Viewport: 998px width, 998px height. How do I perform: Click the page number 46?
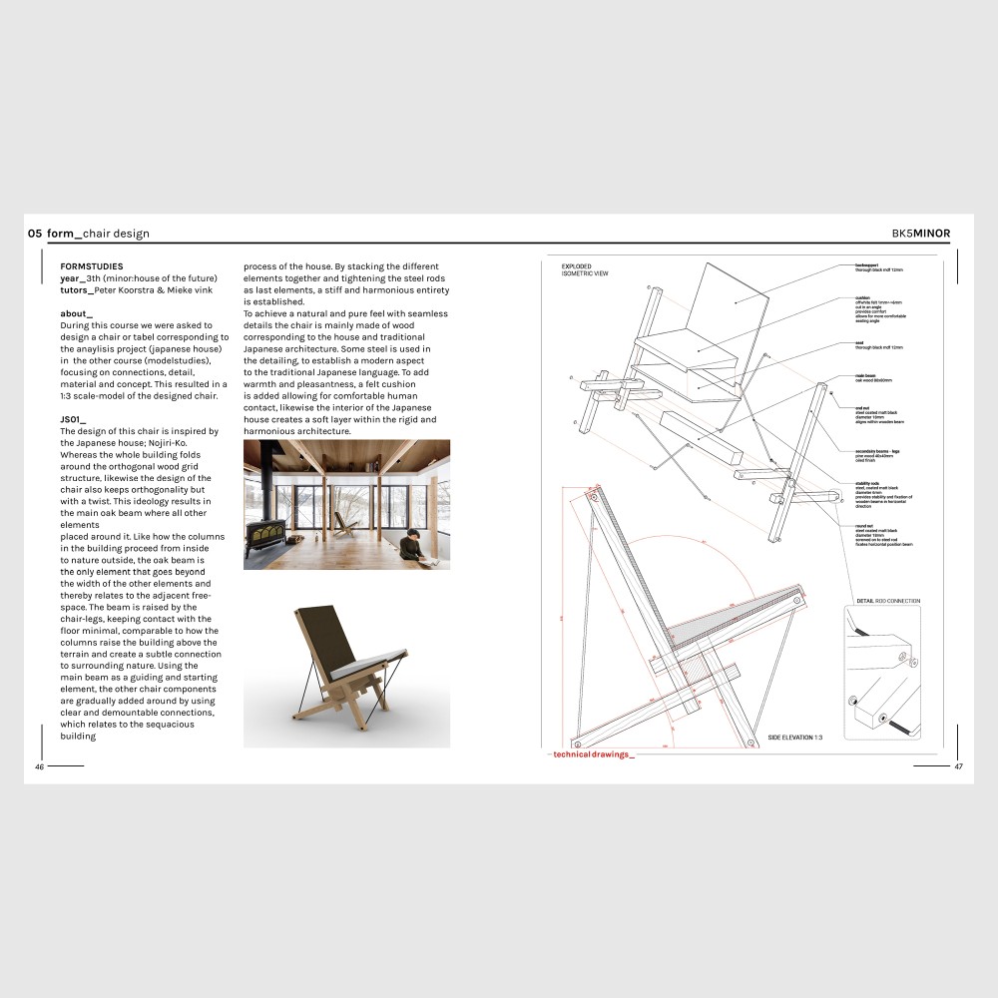pyautogui.click(x=40, y=766)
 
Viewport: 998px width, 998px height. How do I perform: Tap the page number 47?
pyautogui.click(x=958, y=766)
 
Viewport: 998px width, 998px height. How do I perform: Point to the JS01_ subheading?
pyautogui.click(x=74, y=419)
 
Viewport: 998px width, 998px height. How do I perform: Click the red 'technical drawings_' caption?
pyautogui.click(x=593, y=754)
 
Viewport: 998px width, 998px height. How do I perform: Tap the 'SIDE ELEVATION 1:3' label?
pyautogui.click(x=794, y=737)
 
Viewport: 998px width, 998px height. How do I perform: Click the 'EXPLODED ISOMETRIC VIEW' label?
pyautogui.click(x=585, y=269)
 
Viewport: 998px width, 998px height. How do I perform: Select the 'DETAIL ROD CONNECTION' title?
pyautogui.click(x=887, y=601)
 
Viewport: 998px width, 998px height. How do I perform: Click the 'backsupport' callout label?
pyautogui.click(x=866, y=265)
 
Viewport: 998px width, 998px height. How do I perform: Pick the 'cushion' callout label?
pyautogui.click(x=863, y=297)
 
